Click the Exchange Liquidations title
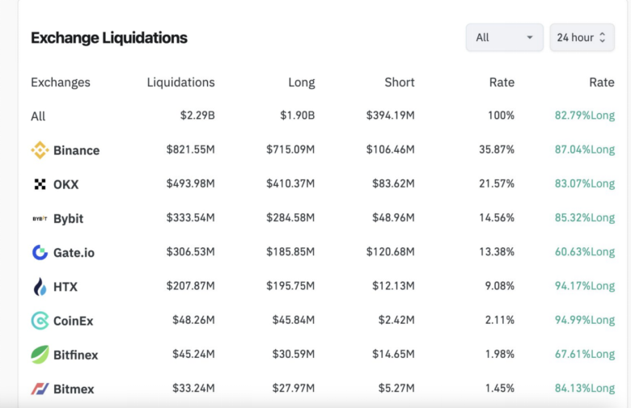coord(109,38)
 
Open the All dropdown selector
coord(504,37)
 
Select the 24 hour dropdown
coord(582,37)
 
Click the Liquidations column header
coord(180,82)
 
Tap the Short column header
coord(400,82)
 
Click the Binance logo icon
coord(40,150)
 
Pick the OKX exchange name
coord(66,184)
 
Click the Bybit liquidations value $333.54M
coord(191,218)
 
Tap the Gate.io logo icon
coord(40,253)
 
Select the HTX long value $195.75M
coord(290,287)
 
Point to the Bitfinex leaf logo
coord(40,355)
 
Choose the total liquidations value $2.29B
coord(197,116)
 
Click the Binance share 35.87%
coord(496,150)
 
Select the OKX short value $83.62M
coord(392,184)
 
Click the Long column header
coord(302,82)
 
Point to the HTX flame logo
coord(40,287)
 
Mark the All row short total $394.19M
coord(390,116)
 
